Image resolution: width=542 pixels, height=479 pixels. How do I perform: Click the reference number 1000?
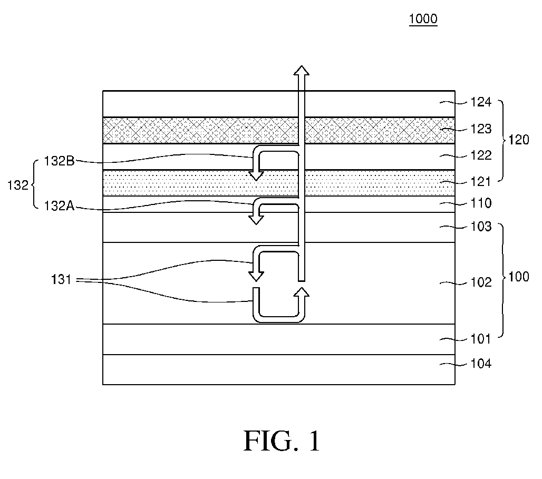pyautogui.click(x=423, y=18)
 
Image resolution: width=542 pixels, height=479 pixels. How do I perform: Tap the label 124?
pyautogui.click(x=481, y=102)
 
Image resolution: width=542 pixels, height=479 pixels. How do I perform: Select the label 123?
pyautogui.click(x=481, y=129)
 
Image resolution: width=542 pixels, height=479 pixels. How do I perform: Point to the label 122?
pyautogui.click(x=481, y=155)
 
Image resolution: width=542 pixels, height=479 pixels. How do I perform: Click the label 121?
pyautogui.click(x=481, y=181)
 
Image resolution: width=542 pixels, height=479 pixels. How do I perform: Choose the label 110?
pyautogui.click(x=481, y=203)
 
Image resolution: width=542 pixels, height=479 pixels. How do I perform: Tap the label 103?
pyautogui.click(x=481, y=227)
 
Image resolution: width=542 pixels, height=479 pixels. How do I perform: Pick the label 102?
pyautogui.click(x=481, y=282)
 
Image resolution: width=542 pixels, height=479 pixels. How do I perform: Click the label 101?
pyautogui.click(x=481, y=339)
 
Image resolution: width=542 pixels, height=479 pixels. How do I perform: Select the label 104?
pyautogui.click(x=481, y=364)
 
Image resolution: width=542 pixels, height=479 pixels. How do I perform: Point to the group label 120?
pyautogui.click(x=519, y=140)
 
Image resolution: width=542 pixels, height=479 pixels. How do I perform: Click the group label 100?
pyautogui.click(x=519, y=277)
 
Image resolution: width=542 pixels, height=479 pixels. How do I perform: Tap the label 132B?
pyautogui.click(x=59, y=161)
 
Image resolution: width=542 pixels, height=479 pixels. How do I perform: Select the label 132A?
pyautogui.click(x=59, y=206)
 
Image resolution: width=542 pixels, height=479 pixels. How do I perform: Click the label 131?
pyautogui.click(x=61, y=279)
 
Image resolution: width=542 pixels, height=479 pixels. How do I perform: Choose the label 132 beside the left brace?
pyautogui.click(x=17, y=185)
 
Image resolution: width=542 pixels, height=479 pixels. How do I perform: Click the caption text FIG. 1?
pyautogui.click(x=282, y=441)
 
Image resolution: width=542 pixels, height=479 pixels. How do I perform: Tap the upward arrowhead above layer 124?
pyautogui.click(x=302, y=70)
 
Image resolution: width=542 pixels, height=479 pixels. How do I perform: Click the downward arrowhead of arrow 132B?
pyautogui.click(x=256, y=175)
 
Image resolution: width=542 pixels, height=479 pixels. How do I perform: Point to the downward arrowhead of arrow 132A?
pyautogui.click(x=256, y=220)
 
